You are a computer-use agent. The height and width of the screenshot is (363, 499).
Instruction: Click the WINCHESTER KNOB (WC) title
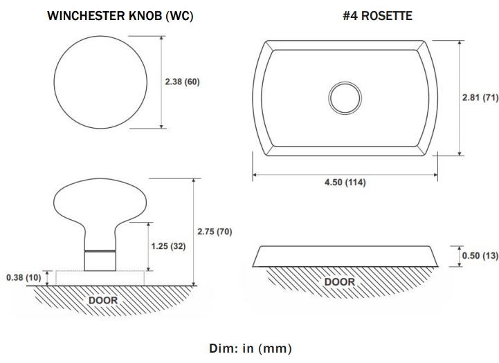[x=120, y=16]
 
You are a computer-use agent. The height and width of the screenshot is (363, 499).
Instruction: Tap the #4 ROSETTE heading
[x=377, y=16]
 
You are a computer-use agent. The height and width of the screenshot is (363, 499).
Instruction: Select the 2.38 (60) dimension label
[x=182, y=82]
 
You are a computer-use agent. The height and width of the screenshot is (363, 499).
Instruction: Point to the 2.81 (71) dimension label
[x=480, y=97]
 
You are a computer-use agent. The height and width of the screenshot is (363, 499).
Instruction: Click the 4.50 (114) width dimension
[x=345, y=182]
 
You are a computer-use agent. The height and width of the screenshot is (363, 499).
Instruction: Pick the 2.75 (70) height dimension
[x=215, y=232]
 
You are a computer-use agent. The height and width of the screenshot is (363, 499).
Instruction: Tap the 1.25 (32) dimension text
[x=168, y=246]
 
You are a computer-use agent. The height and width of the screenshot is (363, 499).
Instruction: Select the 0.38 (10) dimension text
[x=24, y=277]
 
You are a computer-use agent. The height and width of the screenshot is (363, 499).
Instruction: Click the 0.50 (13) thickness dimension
[x=480, y=256]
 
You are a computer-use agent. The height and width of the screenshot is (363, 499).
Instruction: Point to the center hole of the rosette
[x=345, y=98]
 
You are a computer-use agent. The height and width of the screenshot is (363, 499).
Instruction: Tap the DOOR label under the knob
[x=103, y=300]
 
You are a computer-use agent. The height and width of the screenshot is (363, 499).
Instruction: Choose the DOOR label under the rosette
[x=340, y=282]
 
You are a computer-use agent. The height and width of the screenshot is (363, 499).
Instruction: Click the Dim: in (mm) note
[x=250, y=348]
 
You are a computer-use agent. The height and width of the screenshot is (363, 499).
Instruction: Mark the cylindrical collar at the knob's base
[x=100, y=261]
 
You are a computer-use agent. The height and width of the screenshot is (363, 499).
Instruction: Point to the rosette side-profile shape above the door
[x=345, y=257]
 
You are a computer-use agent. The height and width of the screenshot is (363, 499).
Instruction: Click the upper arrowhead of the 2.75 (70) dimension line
[x=194, y=181]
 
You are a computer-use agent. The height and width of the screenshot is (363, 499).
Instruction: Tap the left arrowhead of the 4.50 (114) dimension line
[x=255, y=174]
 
